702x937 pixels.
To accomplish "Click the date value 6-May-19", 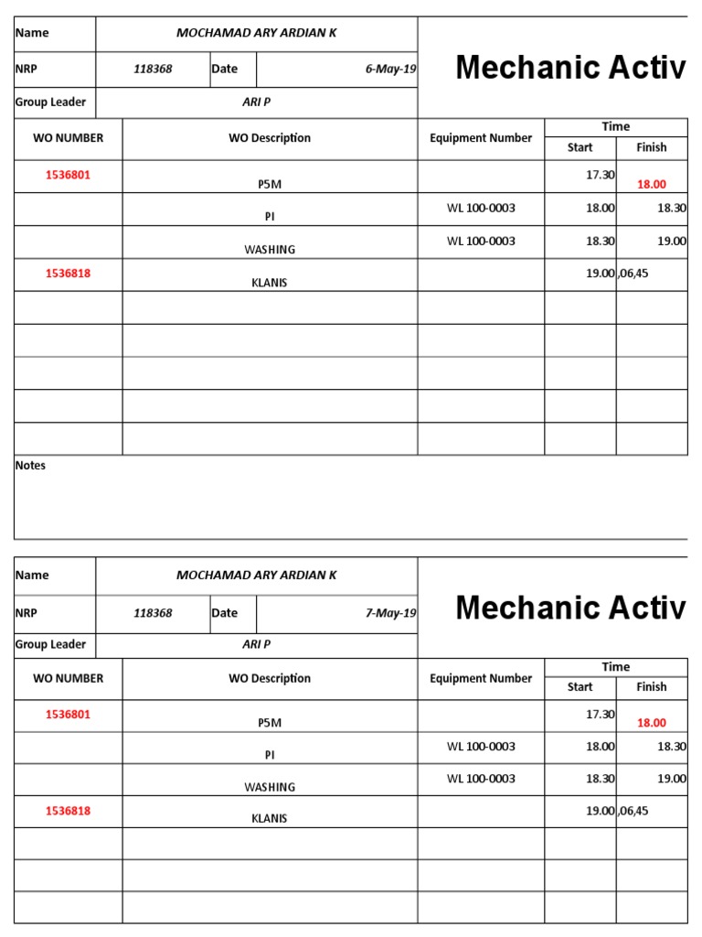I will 390,69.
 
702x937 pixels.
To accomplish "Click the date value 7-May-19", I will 390,613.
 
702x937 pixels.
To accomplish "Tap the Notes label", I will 30,465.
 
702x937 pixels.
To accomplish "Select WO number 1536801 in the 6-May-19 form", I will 69,174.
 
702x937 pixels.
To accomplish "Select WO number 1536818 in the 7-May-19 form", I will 69,811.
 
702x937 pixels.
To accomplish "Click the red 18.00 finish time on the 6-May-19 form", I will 652,184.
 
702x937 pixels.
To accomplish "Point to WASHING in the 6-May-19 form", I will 270,250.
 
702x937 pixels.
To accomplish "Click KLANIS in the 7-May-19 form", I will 270,819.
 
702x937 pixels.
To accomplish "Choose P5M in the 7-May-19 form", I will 270,723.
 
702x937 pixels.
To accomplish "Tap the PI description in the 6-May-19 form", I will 270,217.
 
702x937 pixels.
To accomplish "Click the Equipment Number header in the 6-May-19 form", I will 481,138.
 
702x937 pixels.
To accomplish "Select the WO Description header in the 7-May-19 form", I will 270,678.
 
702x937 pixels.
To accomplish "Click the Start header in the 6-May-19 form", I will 580,147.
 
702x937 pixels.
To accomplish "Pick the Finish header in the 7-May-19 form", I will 652,687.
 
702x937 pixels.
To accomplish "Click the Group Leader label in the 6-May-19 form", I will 50,102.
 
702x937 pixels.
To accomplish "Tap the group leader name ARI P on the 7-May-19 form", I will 256,644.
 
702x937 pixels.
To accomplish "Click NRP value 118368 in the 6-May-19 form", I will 153,69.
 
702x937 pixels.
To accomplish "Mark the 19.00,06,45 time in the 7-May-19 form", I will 617,811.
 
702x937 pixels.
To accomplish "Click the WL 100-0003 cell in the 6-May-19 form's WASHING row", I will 481,241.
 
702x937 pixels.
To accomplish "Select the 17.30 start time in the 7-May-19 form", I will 601,714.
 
